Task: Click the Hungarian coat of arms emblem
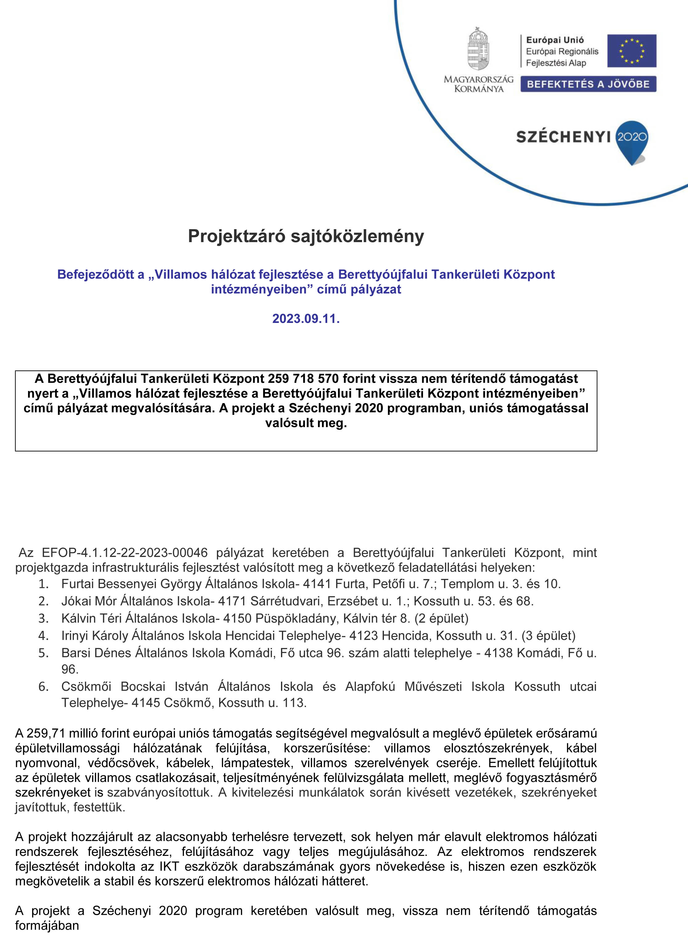click(478, 49)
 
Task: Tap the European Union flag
click(631, 51)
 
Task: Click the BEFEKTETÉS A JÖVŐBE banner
click(588, 84)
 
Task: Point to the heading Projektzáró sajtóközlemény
click(306, 236)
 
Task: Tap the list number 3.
click(44, 618)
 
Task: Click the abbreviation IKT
click(169, 867)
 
